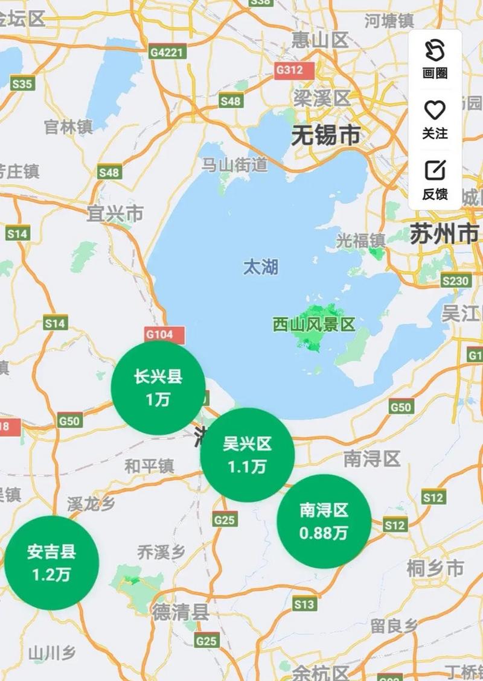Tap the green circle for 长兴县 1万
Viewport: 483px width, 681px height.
158,388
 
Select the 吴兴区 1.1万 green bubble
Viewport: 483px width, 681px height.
247,455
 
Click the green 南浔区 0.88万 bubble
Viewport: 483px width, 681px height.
324,521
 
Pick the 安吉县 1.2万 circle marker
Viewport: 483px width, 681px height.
51,562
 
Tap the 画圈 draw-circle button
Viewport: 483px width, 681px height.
435,59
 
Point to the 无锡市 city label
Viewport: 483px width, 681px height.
325,136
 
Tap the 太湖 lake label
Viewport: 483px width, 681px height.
261,267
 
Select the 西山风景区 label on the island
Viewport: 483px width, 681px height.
313,325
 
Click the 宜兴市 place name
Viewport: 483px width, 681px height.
115,213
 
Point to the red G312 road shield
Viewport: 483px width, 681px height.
289,70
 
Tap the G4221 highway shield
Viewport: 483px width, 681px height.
167,52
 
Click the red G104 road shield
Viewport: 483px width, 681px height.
159,334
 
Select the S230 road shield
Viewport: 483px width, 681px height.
455,280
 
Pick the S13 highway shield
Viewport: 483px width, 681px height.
304,604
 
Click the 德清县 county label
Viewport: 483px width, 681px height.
181,613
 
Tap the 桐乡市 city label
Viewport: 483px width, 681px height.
435,568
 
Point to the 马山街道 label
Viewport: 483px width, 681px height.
234,163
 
